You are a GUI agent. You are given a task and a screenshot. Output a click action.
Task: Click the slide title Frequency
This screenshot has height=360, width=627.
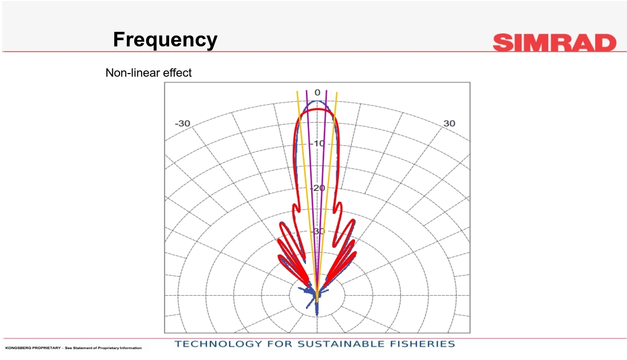tap(165, 40)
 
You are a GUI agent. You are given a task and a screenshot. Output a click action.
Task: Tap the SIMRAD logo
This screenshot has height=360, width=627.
tap(554, 42)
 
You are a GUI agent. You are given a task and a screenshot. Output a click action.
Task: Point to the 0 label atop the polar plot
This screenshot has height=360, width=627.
tap(317, 92)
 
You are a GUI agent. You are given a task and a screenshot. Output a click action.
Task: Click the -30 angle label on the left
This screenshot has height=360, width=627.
tap(183, 123)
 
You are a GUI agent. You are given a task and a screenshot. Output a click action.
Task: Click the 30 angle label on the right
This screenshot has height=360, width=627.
tap(449, 123)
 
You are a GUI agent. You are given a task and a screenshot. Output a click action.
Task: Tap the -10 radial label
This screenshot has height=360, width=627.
tap(317, 143)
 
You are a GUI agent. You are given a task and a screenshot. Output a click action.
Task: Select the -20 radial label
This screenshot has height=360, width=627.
tap(318, 188)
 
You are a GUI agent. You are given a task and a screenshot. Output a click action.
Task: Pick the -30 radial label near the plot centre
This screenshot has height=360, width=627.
tap(318, 231)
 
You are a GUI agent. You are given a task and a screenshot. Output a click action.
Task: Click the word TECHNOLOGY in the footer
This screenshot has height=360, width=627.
tap(218, 344)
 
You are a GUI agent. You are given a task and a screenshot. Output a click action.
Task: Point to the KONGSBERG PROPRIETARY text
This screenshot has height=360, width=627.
tap(33, 348)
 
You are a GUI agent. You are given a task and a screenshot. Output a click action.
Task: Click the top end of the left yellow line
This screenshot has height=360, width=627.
tap(297, 91)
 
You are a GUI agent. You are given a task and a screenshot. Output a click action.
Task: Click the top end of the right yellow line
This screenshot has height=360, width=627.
tap(337, 92)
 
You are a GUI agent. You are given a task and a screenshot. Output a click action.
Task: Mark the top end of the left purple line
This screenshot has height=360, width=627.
tap(306, 90)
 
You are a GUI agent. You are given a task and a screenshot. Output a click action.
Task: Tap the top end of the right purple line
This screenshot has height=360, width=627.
tap(327, 91)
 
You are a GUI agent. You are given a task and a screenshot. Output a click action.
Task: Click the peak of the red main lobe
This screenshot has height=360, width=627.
tap(317, 109)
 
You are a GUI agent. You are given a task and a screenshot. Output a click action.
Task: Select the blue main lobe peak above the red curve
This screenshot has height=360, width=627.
tap(317, 101)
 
